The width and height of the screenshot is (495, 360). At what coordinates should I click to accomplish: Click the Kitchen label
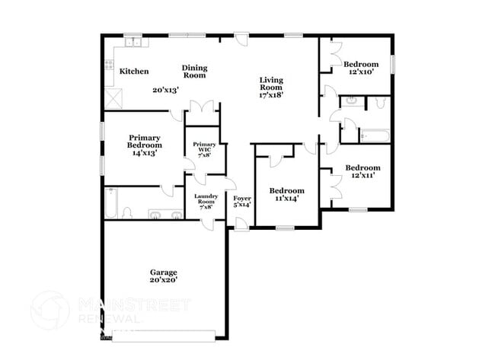[133, 72]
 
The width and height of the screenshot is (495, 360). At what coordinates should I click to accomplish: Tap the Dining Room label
[194, 72]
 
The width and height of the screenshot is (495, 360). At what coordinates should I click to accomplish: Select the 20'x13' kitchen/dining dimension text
[165, 90]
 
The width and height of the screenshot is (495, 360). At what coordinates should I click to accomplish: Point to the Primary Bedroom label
[144, 142]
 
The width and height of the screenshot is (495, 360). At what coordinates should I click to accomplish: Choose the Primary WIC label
[205, 147]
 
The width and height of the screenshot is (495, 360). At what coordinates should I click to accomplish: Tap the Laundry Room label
[206, 200]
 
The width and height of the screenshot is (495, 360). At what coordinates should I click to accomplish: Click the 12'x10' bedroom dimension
[360, 72]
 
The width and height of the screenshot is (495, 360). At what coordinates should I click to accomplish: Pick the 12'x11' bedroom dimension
[361, 176]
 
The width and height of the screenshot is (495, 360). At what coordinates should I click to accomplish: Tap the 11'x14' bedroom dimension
[287, 198]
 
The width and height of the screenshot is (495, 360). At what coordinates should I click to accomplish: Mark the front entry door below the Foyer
[241, 223]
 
